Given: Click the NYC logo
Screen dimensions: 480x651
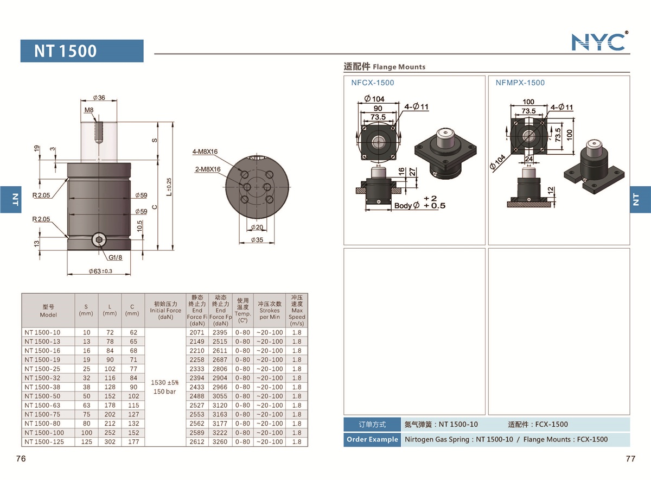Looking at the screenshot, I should pyautogui.click(x=599, y=41).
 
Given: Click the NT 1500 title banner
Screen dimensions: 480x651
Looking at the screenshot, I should pyautogui.click(x=82, y=51).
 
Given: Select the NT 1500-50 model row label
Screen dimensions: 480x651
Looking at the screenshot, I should pyautogui.click(x=43, y=396).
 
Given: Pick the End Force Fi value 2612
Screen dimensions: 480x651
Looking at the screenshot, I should pyautogui.click(x=197, y=442).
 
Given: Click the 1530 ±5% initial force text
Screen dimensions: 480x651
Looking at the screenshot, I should pyautogui.click(x=165, y=383).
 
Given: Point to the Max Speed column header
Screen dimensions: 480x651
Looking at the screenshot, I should pyautogui.click(x=296, y=311).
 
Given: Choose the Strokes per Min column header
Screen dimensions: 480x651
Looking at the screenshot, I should pyautogui.click(x=269, y=311).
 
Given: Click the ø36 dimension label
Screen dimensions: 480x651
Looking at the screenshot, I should pyautogui.click(x=99, y=98).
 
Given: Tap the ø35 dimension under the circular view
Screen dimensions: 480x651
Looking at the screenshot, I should pyautogui.click(x=257, y=240).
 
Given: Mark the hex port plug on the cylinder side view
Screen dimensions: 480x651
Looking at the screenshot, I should pyautogui.click(x=99, y=241).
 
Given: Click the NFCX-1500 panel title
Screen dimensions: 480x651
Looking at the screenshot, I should pyautogui.click(x=373, y=83).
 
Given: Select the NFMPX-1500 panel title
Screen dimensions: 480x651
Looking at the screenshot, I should pyautogui.click(x=520, y=83).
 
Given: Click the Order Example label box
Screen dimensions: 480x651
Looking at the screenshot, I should pyautogui.click(x=372, y=439).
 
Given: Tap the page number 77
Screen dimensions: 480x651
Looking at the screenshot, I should pyautogui.click(x=630, y=459).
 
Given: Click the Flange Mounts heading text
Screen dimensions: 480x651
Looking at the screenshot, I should pyautogui.click(x=399, y=67).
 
